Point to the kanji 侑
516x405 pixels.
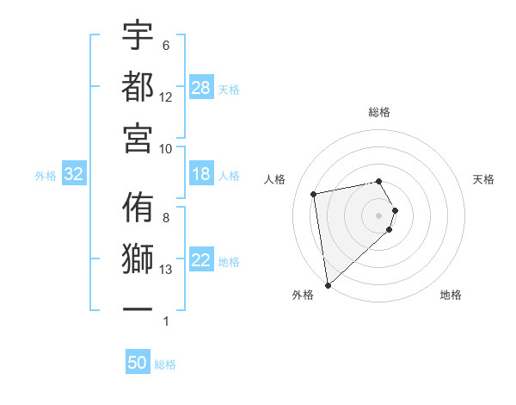click(x=138, y=208)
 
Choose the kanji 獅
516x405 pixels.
click(x=138, y=259)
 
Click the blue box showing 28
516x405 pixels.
click(x=201, y=88)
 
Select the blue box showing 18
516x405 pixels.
click(x=201, y=174)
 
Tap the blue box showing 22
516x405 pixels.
click(x=201, y=261)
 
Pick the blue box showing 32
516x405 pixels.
click(x=74, y=175)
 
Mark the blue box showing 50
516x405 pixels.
click(x=138, y=364)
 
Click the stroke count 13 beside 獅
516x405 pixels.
click(x=166, y=270)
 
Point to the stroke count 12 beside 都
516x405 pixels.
click(x=166, y=97)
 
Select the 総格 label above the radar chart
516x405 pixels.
click(x=379, y=112)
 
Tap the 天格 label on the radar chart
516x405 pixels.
click(x=483, y=179)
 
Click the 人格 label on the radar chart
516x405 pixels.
click(x=275, y=179)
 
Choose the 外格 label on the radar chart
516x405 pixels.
click(x=303, y=295)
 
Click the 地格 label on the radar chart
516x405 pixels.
click(x=451, y=295)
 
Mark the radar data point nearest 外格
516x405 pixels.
click(x=328, y=284)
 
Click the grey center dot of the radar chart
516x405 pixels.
click(x=379, y=215)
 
